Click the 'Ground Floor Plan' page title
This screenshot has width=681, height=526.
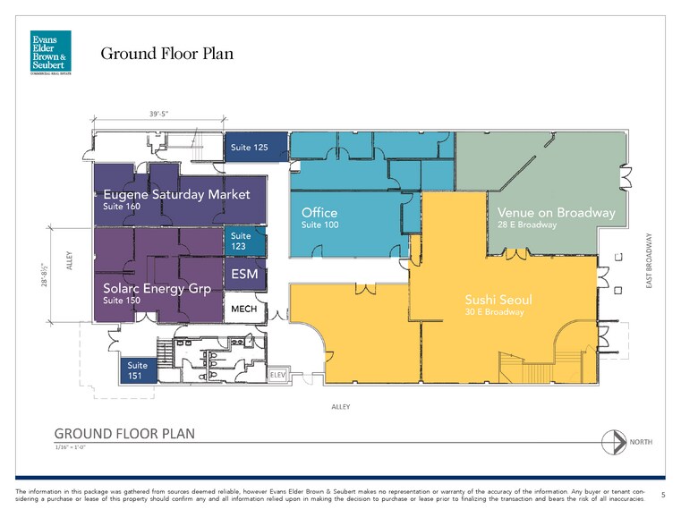166,54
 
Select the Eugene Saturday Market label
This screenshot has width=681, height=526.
176,194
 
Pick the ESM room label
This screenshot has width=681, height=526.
244,275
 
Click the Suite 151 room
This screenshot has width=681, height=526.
138,370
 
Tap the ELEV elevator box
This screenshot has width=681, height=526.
277,377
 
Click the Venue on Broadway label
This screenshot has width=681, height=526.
556,213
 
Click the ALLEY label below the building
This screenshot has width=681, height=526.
341,406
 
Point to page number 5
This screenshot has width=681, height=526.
662,494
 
